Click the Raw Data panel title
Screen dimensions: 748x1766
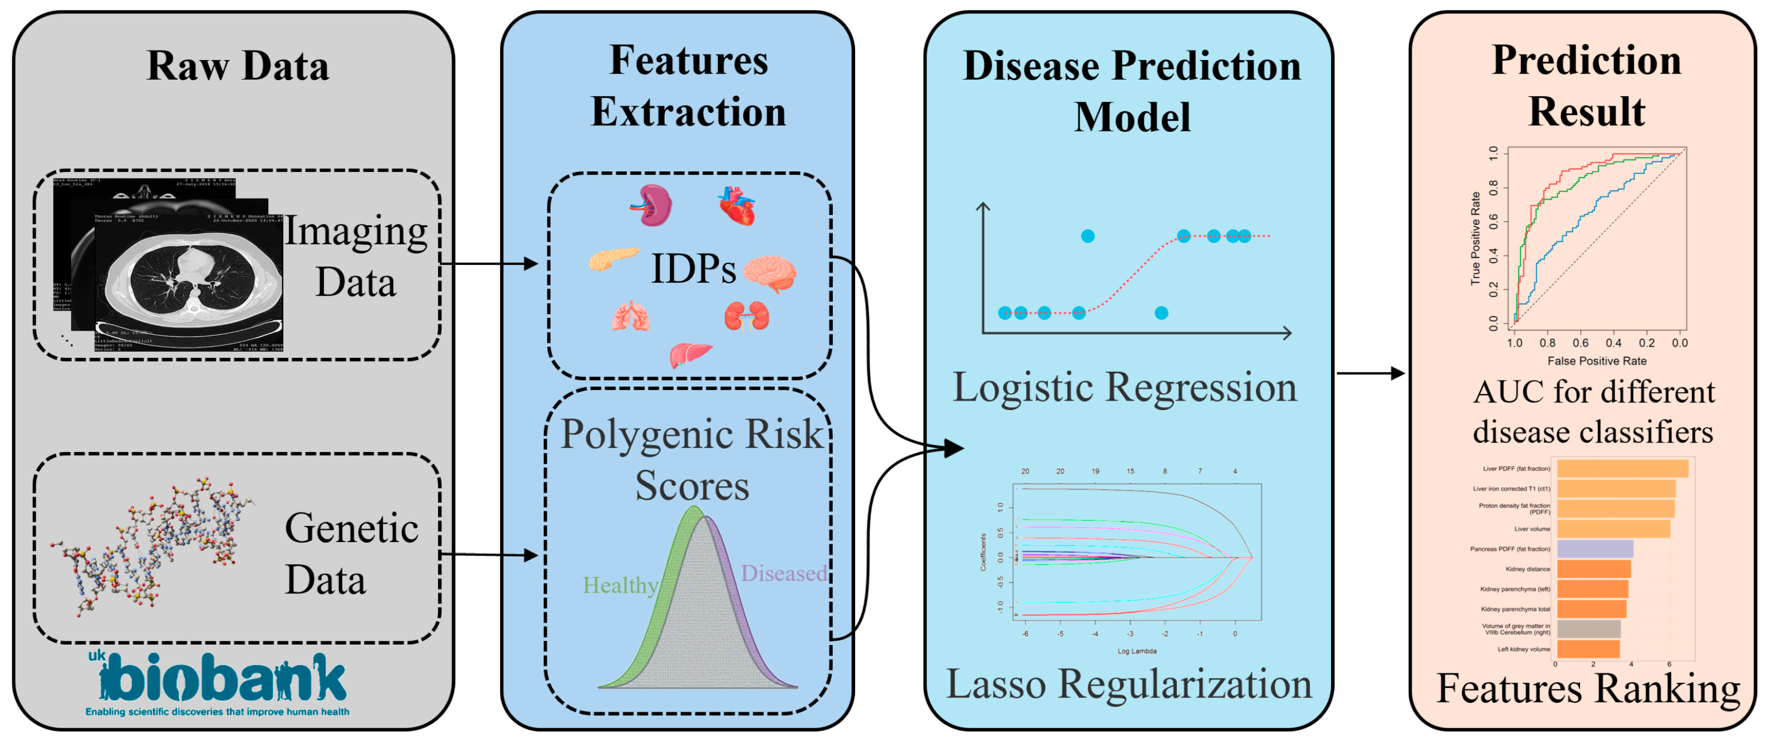(237, 66)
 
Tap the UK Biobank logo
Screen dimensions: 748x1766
(218, 683)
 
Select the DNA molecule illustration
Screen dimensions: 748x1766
(152, 544)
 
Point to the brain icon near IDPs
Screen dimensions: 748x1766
(769, 273)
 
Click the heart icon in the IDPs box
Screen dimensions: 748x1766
(737, 206)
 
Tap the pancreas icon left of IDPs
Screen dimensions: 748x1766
(613, 259)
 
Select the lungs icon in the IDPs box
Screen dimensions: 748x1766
(631, 317)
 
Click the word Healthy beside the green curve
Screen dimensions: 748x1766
(620, 585)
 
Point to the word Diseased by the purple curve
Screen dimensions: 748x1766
(783, 573)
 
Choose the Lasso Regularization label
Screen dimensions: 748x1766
(1129, 683)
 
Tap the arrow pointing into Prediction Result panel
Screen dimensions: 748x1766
(1371, 373)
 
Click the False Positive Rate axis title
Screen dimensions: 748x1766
(1596, 361)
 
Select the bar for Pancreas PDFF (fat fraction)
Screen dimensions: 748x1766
(1595, 549)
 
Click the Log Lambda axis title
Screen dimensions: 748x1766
(1137, 651)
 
